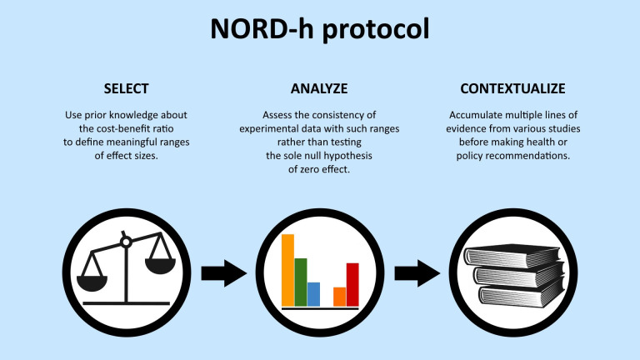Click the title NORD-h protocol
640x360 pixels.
click(x=319, y=29)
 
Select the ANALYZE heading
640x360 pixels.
click(x=319, y=88)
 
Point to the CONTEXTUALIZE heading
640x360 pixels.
click(x=513, y=88)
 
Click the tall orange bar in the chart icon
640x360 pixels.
click(x=288, y=270)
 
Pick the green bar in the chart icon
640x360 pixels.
click(x=301, y=282)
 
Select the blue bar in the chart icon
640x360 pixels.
click(x=313, y=293)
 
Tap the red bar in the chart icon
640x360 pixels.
click(x=352, y=284)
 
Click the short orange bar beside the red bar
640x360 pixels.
click(x=339, y=296)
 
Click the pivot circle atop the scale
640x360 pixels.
click(x=127, y=242)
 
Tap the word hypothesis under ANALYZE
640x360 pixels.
click(x=345, y=155)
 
